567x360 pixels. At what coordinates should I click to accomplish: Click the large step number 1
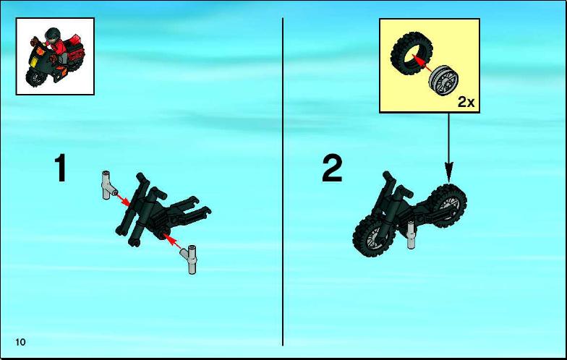coord(61,168)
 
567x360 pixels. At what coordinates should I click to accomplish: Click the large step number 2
coord(332,168)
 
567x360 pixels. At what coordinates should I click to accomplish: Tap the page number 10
coord(20,342)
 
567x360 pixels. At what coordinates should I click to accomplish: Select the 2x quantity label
coord(466,103)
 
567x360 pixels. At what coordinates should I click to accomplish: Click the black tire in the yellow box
coord(409,53)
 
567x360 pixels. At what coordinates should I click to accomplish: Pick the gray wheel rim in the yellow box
coord(444,81)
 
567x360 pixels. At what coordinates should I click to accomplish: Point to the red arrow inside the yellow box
coord(422,64)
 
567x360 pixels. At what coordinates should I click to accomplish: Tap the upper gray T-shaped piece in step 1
coord(108,185)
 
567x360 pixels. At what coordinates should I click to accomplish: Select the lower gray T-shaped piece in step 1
coord(190,260)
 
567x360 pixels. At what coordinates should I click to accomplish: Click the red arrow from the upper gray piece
coord(123,200)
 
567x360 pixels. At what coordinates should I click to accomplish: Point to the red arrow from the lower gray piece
coord(173,241)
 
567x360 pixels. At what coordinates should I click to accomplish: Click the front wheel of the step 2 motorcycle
coord(372,236)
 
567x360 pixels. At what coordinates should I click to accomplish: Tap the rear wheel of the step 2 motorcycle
coord(447,206)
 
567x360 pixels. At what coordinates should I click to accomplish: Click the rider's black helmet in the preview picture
coord(51,35)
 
